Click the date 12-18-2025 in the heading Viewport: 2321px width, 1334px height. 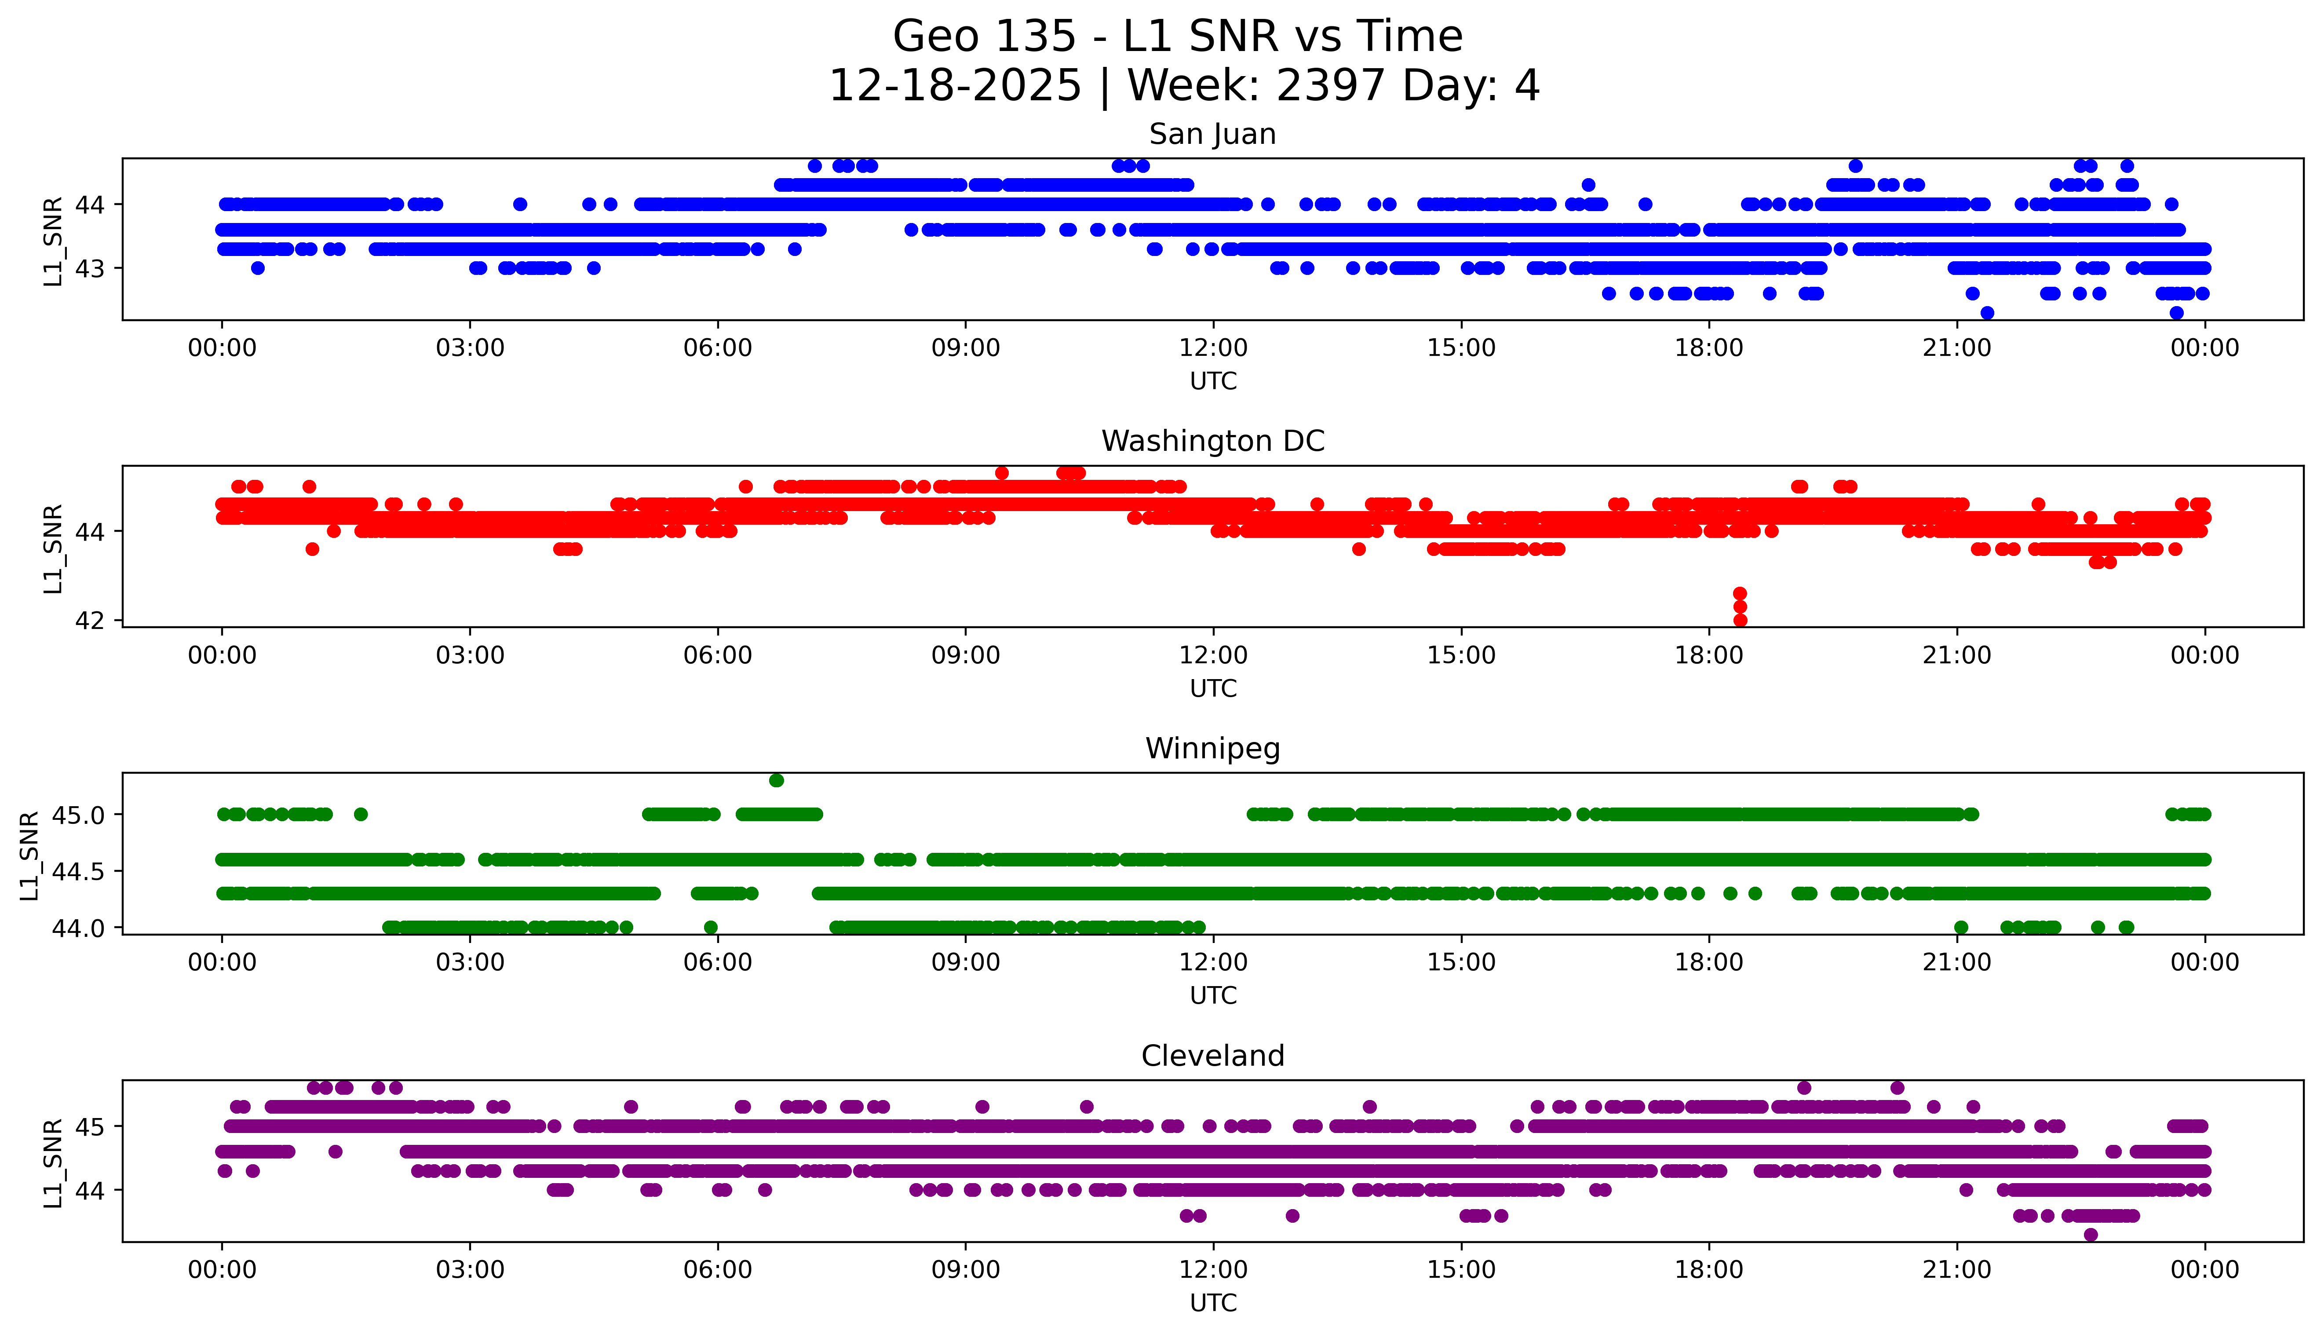pos(954,86)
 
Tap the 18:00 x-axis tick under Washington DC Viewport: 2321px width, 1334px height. pos(1709,655)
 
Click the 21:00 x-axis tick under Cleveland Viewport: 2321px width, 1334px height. pos(1956,1270)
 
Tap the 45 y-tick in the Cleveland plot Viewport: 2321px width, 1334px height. pos(93,1126)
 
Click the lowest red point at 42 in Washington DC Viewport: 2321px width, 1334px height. pos(1740,620)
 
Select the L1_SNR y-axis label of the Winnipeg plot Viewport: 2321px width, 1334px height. pos(29,855)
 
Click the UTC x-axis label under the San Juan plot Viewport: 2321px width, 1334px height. pos(1213,381)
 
